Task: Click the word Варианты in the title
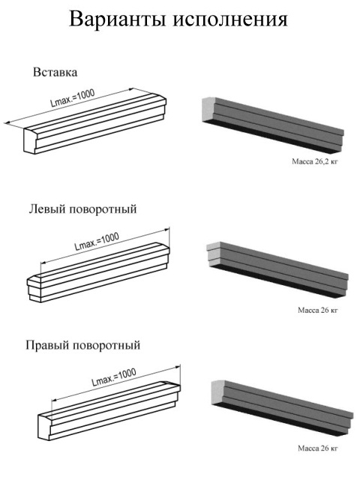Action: (118, 19)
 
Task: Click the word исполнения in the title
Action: (231, 20)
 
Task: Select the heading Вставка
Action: (55, 72)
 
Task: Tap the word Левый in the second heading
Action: (47, 209)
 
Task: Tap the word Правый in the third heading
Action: (49, 345)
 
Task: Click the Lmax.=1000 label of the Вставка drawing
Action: (73, 98)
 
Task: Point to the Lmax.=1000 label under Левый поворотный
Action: (97, 241)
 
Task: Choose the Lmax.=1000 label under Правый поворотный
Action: (114, 376)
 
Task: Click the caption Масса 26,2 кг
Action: (315, 161)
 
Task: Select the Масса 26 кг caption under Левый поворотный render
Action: (318, 310)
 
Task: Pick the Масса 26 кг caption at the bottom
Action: (318, 448)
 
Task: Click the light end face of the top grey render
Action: (208, 109)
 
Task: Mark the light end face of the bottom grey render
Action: (218, 393)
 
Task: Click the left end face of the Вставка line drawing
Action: (31, 142)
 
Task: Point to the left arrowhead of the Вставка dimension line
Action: (7, 123)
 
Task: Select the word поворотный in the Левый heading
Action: (103, 209)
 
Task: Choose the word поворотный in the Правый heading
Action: (107, 345)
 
